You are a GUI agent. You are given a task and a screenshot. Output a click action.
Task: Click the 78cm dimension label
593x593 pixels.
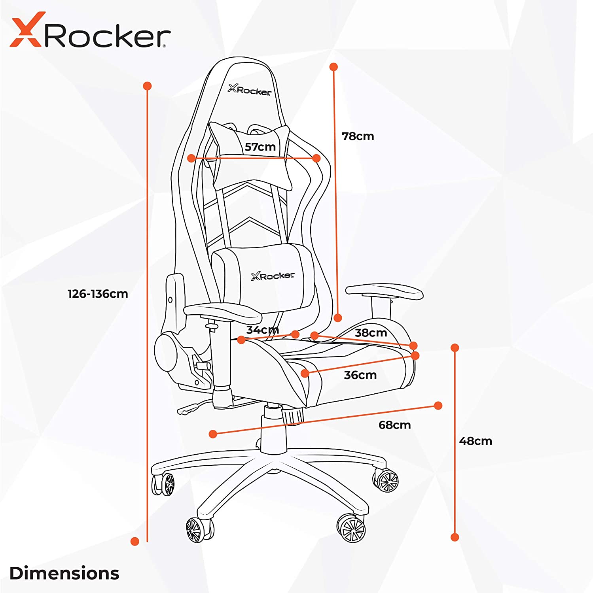(358, 136)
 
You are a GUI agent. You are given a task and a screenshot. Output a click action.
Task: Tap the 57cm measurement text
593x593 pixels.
(260, 147)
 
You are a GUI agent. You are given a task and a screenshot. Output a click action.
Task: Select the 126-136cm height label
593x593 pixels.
(98, 294)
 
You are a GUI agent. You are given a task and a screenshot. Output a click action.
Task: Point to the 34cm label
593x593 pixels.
(262, 330)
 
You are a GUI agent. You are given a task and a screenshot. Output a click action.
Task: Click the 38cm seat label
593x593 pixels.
(371, 333)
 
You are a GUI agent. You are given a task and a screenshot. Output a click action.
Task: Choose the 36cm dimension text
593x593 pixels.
(360, 375)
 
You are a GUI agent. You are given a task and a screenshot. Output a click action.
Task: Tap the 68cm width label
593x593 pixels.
(394, 425)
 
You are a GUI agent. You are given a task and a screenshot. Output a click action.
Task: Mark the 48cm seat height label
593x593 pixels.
(476, 441)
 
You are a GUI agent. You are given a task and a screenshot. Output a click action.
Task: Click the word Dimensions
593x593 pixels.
(64, 573)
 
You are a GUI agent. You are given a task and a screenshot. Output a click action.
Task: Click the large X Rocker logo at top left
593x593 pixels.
(90, 32)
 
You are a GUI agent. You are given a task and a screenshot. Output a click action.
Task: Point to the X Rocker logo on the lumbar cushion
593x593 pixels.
(273, 276)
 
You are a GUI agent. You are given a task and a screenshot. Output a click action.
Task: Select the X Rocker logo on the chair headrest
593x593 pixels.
(250, 90)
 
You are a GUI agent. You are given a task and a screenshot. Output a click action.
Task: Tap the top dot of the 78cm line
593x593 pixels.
(333, 67)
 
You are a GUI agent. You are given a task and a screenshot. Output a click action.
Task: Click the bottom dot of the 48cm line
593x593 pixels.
(455, 537)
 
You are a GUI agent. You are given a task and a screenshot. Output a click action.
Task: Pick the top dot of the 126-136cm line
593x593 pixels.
(147, 86)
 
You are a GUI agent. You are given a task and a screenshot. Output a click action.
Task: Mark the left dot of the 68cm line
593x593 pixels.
(213, 434)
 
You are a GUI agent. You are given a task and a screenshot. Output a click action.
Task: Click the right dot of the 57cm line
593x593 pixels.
(316, 158)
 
